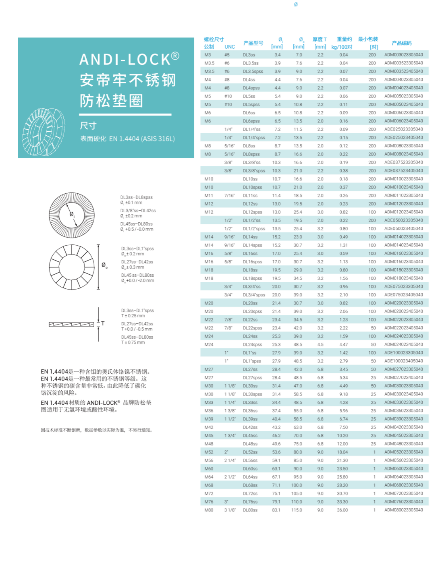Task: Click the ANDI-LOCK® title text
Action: [129, 59]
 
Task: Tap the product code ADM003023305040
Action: [403, 55]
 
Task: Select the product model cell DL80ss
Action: [250, 510]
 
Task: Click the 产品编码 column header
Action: [401, 43]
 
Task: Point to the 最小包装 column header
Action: [368, 39]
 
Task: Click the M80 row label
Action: [209, 510]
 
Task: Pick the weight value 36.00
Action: [342, 510]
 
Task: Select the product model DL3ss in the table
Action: [249, 55]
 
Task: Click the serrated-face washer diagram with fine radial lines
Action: [72, 215]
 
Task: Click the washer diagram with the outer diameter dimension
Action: [72, 267]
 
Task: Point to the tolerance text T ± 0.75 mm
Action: [133, 342]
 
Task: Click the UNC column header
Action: [230, 47]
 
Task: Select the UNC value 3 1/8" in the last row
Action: [230, 510]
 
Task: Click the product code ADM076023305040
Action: [403, 502]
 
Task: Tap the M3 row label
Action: [208, 55]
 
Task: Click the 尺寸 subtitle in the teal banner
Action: [88, 126]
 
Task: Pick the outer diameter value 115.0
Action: [297, 510]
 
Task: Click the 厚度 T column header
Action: [320, 39]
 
